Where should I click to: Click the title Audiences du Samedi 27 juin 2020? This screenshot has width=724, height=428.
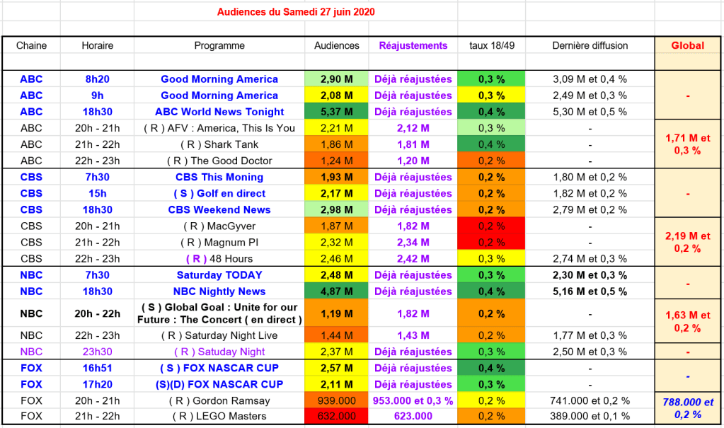296,12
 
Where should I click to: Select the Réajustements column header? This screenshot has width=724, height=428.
413,45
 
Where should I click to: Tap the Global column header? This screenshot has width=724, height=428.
687,45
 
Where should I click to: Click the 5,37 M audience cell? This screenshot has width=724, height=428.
336,112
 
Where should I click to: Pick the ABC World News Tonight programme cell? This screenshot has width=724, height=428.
219,112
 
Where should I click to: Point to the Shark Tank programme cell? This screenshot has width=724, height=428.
219,144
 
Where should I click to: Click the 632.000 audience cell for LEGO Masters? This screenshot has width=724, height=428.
336,417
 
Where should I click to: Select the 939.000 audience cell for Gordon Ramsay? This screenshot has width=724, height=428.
336,400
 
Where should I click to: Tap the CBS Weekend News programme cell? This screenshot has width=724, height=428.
219,209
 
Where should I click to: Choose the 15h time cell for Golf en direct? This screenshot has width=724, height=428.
98,193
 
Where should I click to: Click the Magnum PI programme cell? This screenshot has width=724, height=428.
219,243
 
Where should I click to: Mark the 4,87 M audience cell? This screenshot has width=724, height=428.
336,291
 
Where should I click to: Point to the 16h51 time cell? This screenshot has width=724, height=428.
98,368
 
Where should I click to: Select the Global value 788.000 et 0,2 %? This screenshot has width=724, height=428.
687,408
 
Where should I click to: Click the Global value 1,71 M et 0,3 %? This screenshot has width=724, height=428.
687,144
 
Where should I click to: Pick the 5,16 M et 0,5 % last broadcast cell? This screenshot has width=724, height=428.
590,291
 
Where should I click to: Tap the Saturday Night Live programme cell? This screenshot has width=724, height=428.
219,335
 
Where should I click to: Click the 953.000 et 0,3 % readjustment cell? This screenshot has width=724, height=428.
413,400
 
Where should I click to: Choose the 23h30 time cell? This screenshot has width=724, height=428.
98,352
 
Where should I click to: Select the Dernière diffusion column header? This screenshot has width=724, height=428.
590,45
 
